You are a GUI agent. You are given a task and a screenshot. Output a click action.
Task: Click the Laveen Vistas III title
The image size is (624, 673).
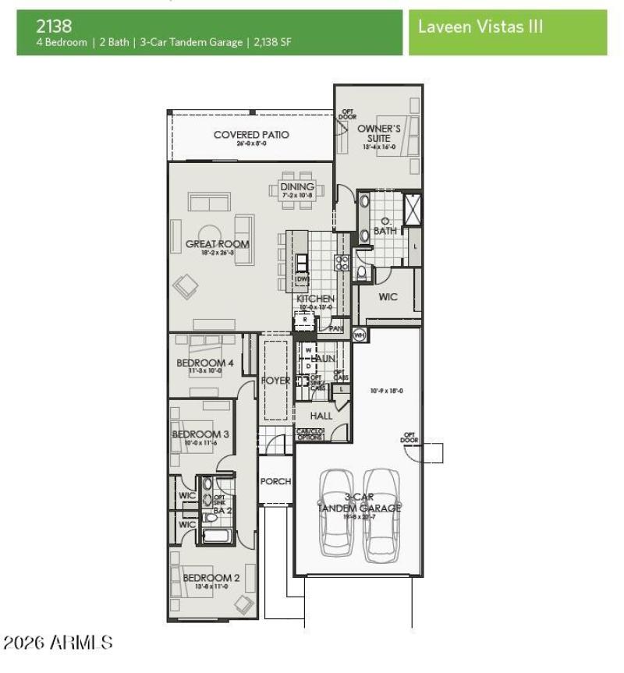click(480, 27)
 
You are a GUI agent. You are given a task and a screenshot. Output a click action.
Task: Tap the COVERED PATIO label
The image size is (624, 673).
click(251, 135)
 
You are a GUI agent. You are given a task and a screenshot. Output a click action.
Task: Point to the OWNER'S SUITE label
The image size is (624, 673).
click(379, 133)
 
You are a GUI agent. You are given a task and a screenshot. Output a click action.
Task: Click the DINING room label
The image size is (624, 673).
click(297, 187)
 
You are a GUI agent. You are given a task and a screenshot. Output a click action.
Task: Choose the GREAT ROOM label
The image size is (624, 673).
click(217, 244)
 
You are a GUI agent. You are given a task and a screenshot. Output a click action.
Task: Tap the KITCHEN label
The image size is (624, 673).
click(315, 299)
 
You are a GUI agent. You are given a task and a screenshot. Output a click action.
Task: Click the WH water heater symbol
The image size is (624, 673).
click(360, 335)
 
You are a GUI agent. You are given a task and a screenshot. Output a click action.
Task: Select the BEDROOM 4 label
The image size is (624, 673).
click(205, 363)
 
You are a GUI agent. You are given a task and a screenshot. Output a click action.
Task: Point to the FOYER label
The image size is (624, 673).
click(276, 381)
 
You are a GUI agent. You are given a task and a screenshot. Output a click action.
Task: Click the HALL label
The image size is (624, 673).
click(321, 416)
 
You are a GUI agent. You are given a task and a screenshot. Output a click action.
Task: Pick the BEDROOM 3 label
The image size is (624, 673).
click(200, 434)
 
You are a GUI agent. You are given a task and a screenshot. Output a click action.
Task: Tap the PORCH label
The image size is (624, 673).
click(275, 481)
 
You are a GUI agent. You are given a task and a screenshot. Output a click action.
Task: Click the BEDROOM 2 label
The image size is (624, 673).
click(211, 578)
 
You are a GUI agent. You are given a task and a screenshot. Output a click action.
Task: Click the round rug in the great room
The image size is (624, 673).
click(210, 236)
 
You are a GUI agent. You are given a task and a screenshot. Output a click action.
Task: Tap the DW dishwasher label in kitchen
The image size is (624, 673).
click(303, 279)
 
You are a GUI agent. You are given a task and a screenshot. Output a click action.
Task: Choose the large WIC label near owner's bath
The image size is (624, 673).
click(388, 297)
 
